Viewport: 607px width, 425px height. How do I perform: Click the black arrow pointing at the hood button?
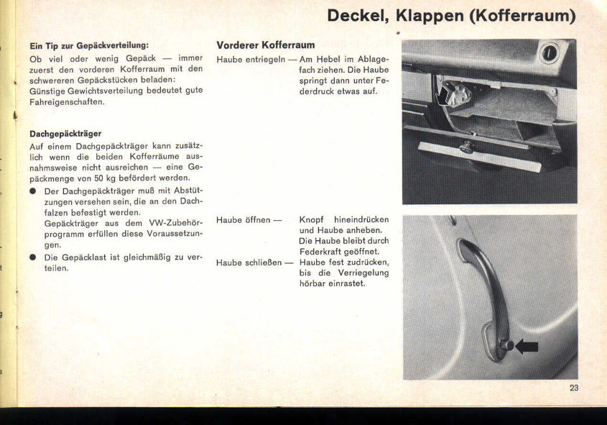(527, 347)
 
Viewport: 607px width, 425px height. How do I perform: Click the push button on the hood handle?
(507, 346)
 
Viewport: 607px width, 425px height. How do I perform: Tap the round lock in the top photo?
(550, 52)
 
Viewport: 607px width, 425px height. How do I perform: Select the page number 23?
(574, 388)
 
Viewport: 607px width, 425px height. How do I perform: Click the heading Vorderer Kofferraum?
(266, 45)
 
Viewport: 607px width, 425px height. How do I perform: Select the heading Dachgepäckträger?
(65, 133)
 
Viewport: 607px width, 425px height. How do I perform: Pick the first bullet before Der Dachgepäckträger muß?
(33, 191)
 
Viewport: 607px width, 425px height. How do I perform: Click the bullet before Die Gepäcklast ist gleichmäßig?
(33, 257)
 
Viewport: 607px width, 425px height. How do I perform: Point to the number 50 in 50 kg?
(98, 178)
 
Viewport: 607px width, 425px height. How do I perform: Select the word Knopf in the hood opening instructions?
(313, 219)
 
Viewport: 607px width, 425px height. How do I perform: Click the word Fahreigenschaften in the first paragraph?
(68, 101)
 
